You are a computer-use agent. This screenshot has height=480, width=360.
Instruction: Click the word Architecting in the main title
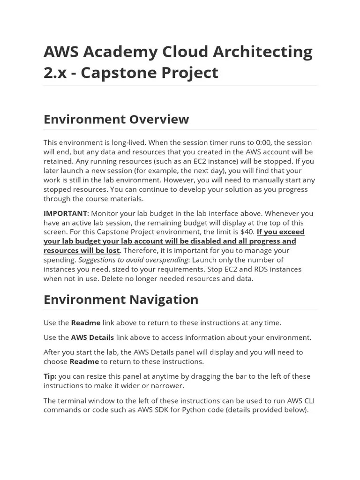(263, 52)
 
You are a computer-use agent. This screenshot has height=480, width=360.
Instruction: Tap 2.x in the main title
(55, 73)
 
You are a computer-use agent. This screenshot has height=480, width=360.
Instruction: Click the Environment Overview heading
(116, 119)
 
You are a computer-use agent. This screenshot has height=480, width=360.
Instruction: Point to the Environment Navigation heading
(120, 300)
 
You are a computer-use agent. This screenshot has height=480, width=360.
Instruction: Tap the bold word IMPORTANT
(65, 213)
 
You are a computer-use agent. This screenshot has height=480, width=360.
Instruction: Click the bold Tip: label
(50, 376)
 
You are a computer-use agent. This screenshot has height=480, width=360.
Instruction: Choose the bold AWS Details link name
(92, 337)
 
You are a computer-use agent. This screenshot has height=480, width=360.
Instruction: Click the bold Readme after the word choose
(84, 361)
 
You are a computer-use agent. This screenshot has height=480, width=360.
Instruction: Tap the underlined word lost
(112, 250)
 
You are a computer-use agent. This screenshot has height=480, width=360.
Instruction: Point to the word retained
(58, 161)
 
